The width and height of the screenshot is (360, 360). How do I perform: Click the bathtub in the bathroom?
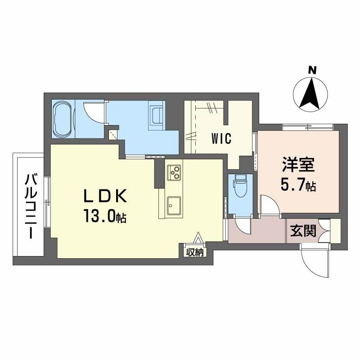click(x=63, y=119)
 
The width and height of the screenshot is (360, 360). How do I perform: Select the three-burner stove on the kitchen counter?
click(x=174, y=173)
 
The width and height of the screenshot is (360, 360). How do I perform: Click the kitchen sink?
click(x=174, y=205)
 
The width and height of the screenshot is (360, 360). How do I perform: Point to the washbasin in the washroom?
click(x=156, y=115)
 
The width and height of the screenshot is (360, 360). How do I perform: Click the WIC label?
click(x=221, y=139)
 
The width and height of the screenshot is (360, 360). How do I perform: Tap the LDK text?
click(x=105, y=196)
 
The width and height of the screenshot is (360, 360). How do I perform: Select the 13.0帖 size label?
click(x=105, y=216)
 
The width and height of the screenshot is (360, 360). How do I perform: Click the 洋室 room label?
click(x=298, y=164)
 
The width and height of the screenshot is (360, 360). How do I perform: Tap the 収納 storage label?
click(x=195, y=252)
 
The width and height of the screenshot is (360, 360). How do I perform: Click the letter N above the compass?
click(x=312, y=70)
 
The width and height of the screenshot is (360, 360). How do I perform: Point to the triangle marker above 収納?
click(x=198, y=238)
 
